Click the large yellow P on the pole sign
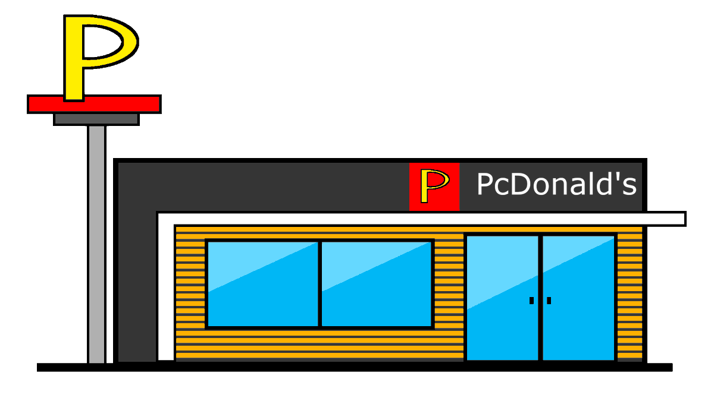[x=74, y=59]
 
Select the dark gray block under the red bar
[x=96, y=119]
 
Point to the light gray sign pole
[x=96, y=238]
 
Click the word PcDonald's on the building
[x=556, y=185]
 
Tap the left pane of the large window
[x=262, y=283]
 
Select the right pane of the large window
[x=376, y=283]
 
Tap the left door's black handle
[x=531, y=301]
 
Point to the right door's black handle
[x=549, y=301]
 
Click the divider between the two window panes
[x=320, y=283]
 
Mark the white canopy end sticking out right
[x=666, y=219]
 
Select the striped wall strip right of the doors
[x=630, y=297]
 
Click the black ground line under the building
[x=357, y=367]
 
